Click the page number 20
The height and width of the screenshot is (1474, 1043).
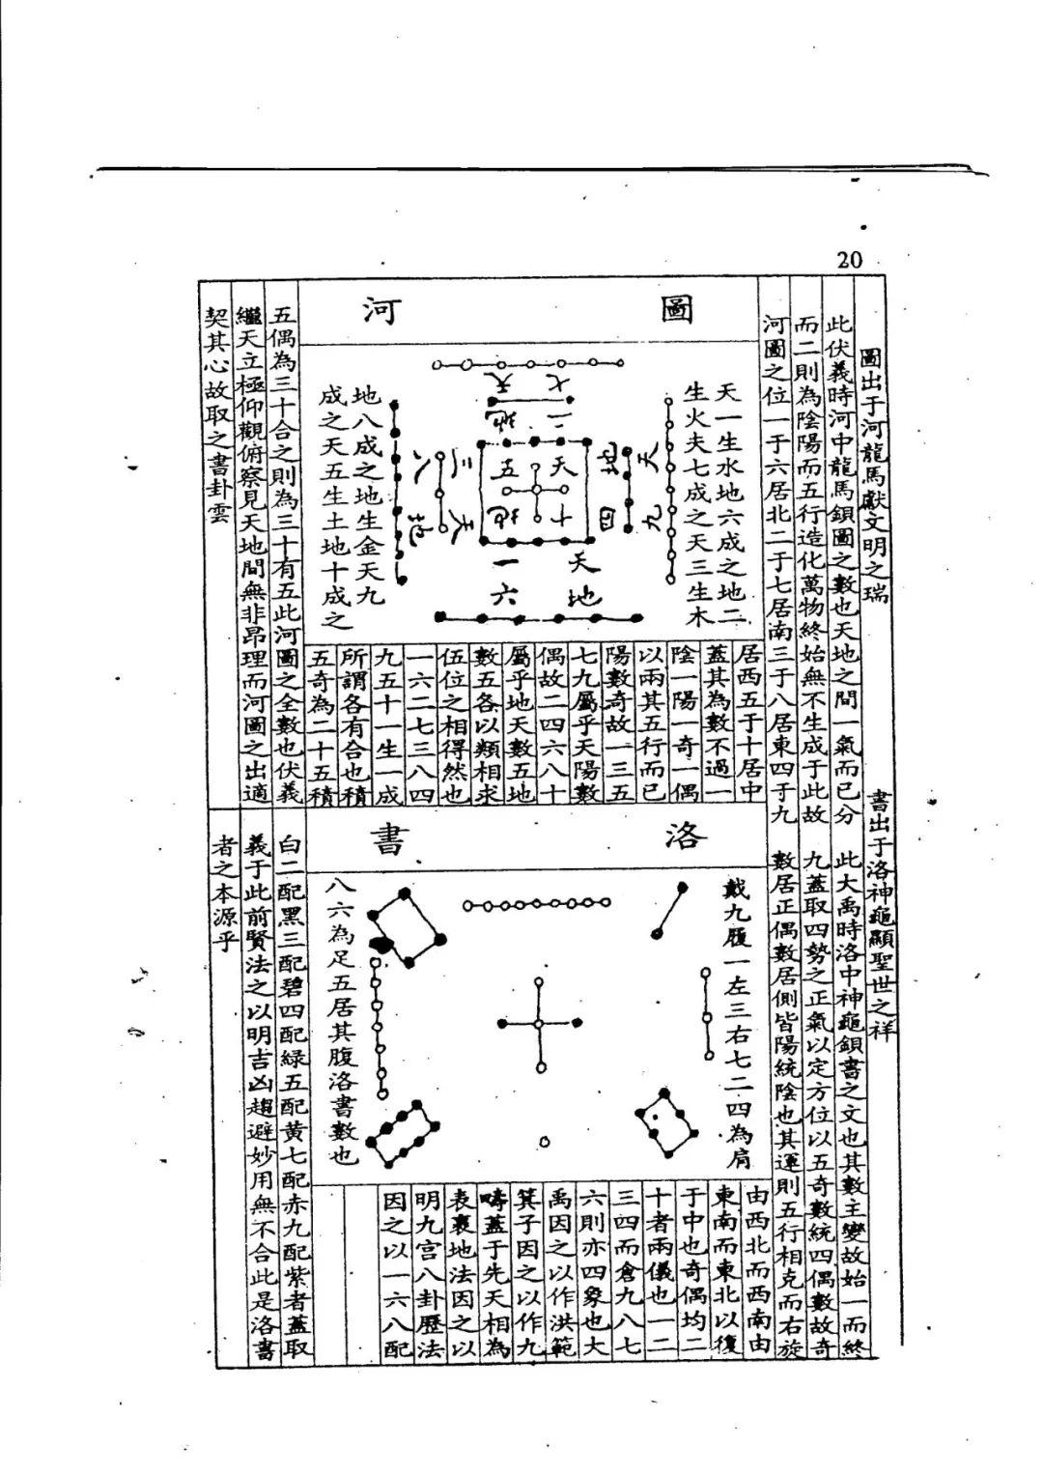click(849, 260)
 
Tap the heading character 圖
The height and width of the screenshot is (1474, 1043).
click(679, 311)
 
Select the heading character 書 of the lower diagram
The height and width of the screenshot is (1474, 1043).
click(369, 837)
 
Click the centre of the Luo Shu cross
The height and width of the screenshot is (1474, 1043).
click(539, 1023)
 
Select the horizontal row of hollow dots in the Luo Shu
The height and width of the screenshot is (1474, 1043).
click(536, 904)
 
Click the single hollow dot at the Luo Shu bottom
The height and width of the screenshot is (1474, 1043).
click(545, 1142)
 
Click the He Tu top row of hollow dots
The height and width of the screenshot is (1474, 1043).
click(526, 364)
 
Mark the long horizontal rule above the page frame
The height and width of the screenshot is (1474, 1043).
click(541, 170)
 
